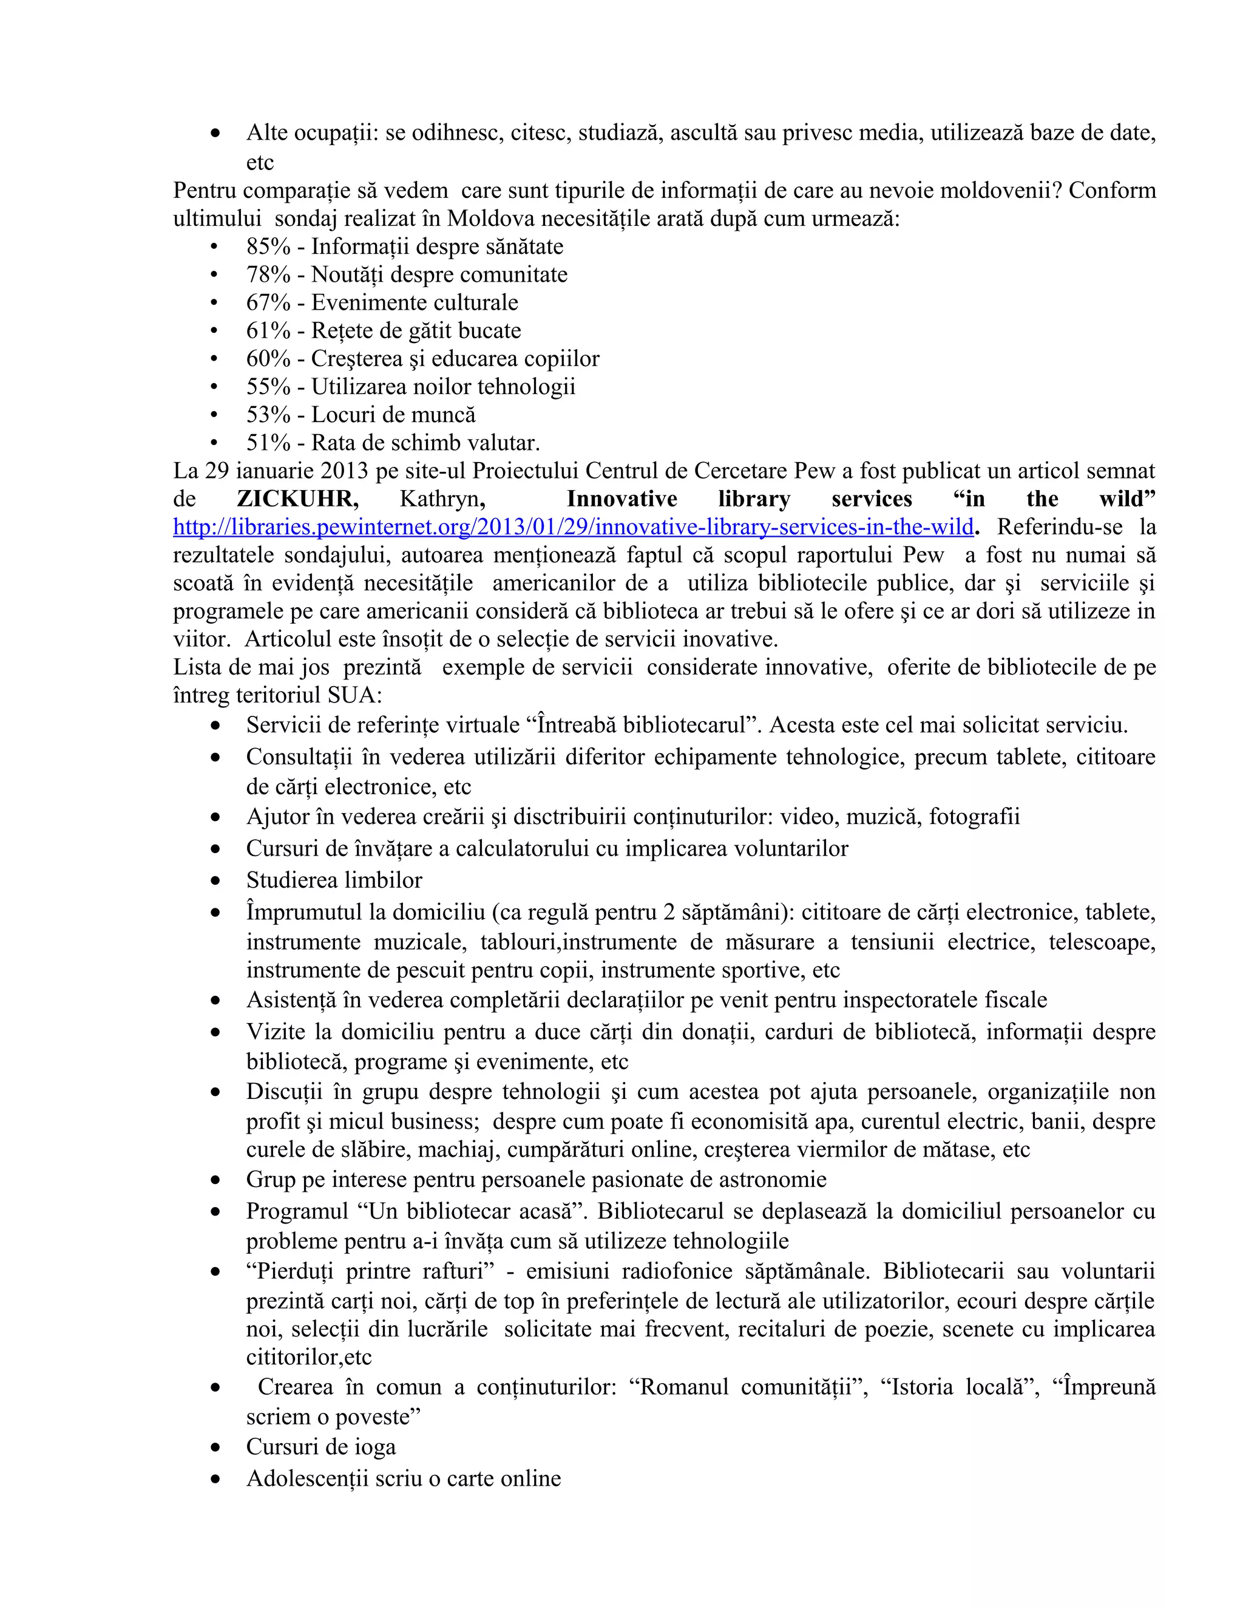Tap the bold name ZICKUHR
297,498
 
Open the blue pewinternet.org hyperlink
573,527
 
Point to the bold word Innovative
621,498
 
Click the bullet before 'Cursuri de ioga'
215,1447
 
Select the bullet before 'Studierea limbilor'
215,880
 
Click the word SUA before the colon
351,695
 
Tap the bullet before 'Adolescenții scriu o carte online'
215,1479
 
